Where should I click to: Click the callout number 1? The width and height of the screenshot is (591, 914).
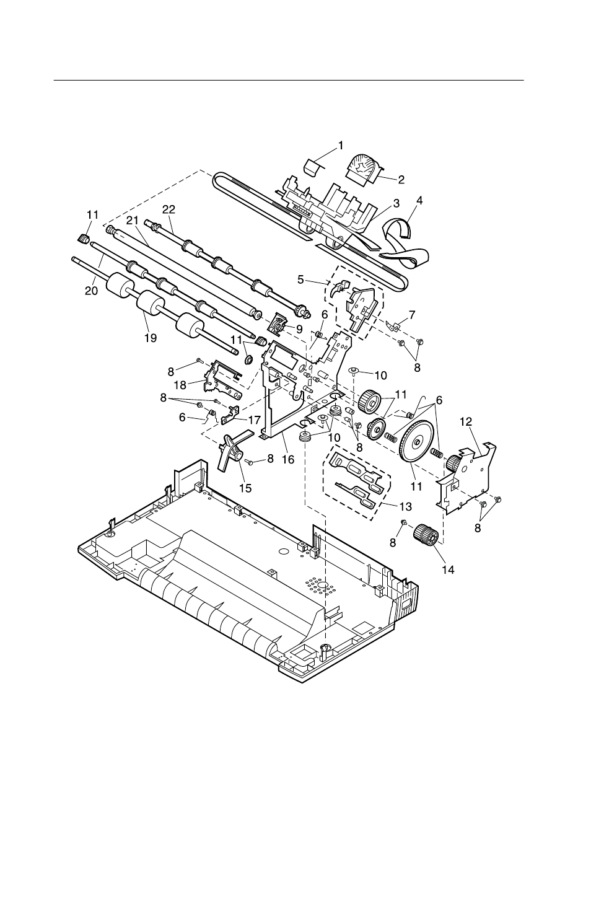(340, 146)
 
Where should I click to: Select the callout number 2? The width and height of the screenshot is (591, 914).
(401, 180)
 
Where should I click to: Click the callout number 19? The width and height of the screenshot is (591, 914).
(151, 338)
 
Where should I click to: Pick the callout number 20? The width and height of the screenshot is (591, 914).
(90, 289)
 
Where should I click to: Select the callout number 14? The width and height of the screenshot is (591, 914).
(447, 569)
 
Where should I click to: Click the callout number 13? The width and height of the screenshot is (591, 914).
(405, 506)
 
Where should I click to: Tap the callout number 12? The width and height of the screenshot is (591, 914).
(465, 421)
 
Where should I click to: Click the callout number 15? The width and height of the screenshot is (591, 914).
(245, 488)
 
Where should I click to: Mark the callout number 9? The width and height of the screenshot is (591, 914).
(299, 328)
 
